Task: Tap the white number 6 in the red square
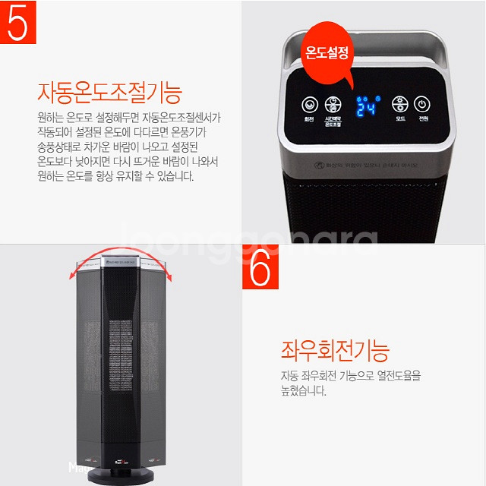[x=260, y=267]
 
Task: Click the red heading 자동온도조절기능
[x=109, y=93]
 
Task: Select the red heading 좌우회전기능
[x=333, y=352]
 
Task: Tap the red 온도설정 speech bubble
[x=326, y=53]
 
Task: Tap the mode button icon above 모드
[x=399, y=105]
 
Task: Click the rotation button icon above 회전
[x=309, y=106]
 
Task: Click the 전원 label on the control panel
[x=423, y=120]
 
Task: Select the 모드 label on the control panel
[x=399, y=120]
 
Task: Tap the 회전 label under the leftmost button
[x=309, y=120]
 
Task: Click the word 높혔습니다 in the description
[x=303, y=392]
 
